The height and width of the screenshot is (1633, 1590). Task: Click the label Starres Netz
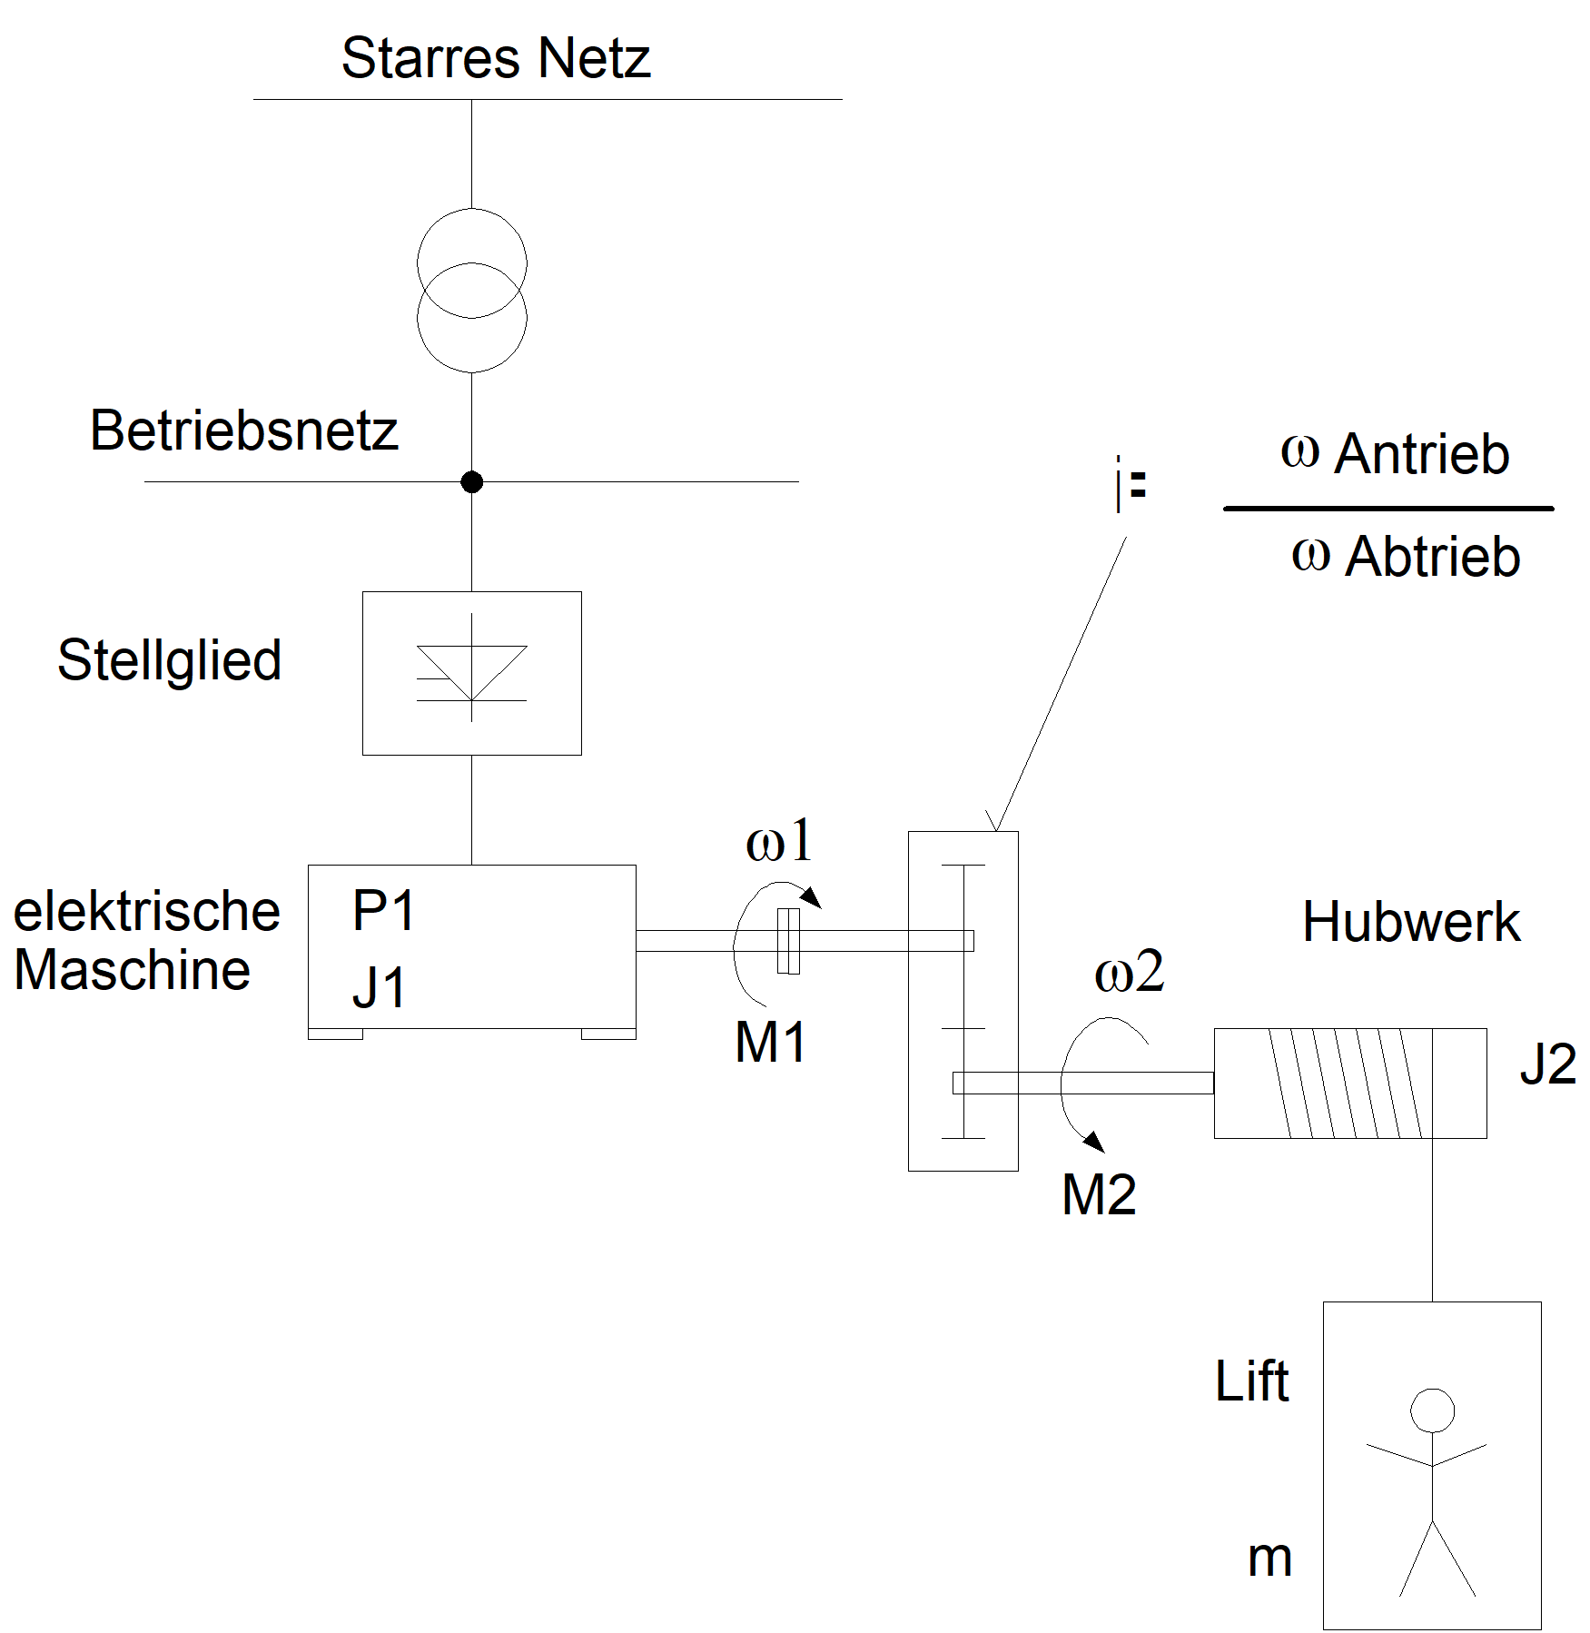tap(496, 58)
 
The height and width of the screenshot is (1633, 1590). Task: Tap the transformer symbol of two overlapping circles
tap(471, 291)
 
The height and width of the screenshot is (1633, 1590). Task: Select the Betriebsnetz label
tap(243, 431)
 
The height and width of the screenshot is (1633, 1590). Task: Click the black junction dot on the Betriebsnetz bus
tap(471, 482)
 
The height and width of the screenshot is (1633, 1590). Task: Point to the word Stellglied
tap(169, 660)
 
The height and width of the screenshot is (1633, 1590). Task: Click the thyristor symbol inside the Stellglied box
tap(471, 672)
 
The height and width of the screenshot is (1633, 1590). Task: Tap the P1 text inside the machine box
tap(384, 911)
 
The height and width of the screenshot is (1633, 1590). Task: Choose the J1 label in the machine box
tap(380, 987)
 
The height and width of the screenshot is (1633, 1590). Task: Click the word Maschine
tap(133, 970)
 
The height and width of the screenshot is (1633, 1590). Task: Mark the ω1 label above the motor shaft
tap(779, 841)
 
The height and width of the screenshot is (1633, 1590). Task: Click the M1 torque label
tap(770, 1042)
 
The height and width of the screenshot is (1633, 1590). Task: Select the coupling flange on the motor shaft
tap(788, 941)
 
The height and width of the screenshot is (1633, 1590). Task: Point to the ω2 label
tap(1129, 972)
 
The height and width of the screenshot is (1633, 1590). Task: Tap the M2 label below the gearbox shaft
tap(1099, 1194)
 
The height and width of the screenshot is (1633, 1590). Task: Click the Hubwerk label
tap(1410, 923)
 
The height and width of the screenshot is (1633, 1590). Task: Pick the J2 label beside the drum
tap(1548, 1064)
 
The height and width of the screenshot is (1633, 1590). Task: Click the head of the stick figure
tap(1432, 1411)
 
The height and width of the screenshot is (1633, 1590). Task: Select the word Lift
tap(1251, 1381)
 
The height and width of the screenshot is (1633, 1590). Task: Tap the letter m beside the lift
tap(1269, 1559)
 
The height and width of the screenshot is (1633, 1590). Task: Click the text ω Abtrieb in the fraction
tap(1406, 556)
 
